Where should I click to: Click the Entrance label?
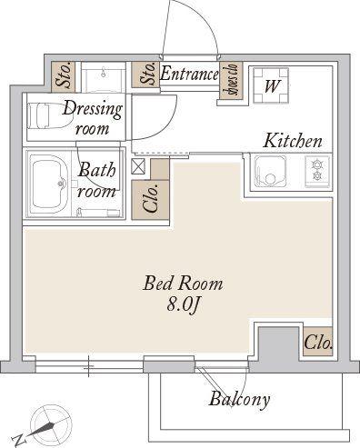click(189, 74)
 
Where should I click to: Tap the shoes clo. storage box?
click(231, 81)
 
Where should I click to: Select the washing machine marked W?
click(271, 85)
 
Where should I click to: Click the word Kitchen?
click(293, 141)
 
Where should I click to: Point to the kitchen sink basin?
click(271, 172)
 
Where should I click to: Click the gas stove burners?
click(317, 170)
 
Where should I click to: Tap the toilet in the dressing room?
click(47, 116)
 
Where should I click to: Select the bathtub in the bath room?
click(49, 184)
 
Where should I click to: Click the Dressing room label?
click(93, 117)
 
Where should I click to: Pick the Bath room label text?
click(97, 180)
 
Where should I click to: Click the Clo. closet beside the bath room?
click(150, 200)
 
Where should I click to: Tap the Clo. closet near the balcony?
click(318, 342)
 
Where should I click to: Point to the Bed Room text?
click(183, 284)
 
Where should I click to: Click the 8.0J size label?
click(183, 305)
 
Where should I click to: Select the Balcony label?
click(239, 400)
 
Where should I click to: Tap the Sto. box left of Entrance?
click(145, 75)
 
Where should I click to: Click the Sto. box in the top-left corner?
click(63, 77)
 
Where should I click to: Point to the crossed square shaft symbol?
click(138, 166)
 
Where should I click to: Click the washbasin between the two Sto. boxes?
click(104, 77)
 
